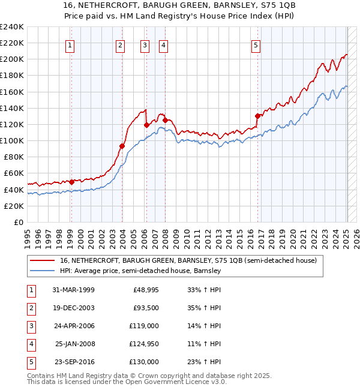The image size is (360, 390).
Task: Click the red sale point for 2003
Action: tap(122, 146)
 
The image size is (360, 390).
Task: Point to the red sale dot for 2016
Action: tap(257, 116)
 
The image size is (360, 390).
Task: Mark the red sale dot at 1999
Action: tap(71, 182)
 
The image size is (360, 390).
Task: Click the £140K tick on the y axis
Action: tap(11, 108)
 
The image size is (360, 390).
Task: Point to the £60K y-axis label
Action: tap(13, 173)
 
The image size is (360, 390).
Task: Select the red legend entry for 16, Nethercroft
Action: tap(192, 260)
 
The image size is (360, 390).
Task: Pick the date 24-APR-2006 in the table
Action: tap(73, 325)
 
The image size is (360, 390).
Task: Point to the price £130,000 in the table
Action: tap(144, 361)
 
